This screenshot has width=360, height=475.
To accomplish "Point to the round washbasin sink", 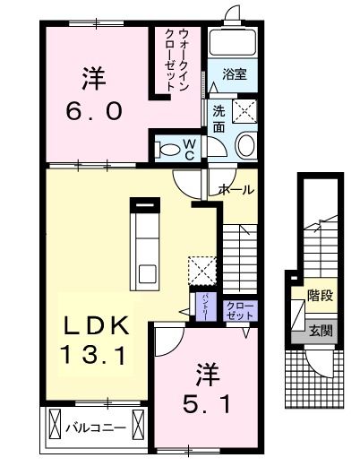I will click(x=245, y=146).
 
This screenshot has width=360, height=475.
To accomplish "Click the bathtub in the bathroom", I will click(x=234, y=45).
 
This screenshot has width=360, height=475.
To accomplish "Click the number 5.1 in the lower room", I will click(x=205, y=405).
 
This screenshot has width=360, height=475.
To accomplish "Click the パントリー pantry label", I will click(x=204, y=307).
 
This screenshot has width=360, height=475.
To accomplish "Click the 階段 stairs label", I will click(x=321, y=295).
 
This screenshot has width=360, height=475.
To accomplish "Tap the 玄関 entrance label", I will click(x=321, y=330).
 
